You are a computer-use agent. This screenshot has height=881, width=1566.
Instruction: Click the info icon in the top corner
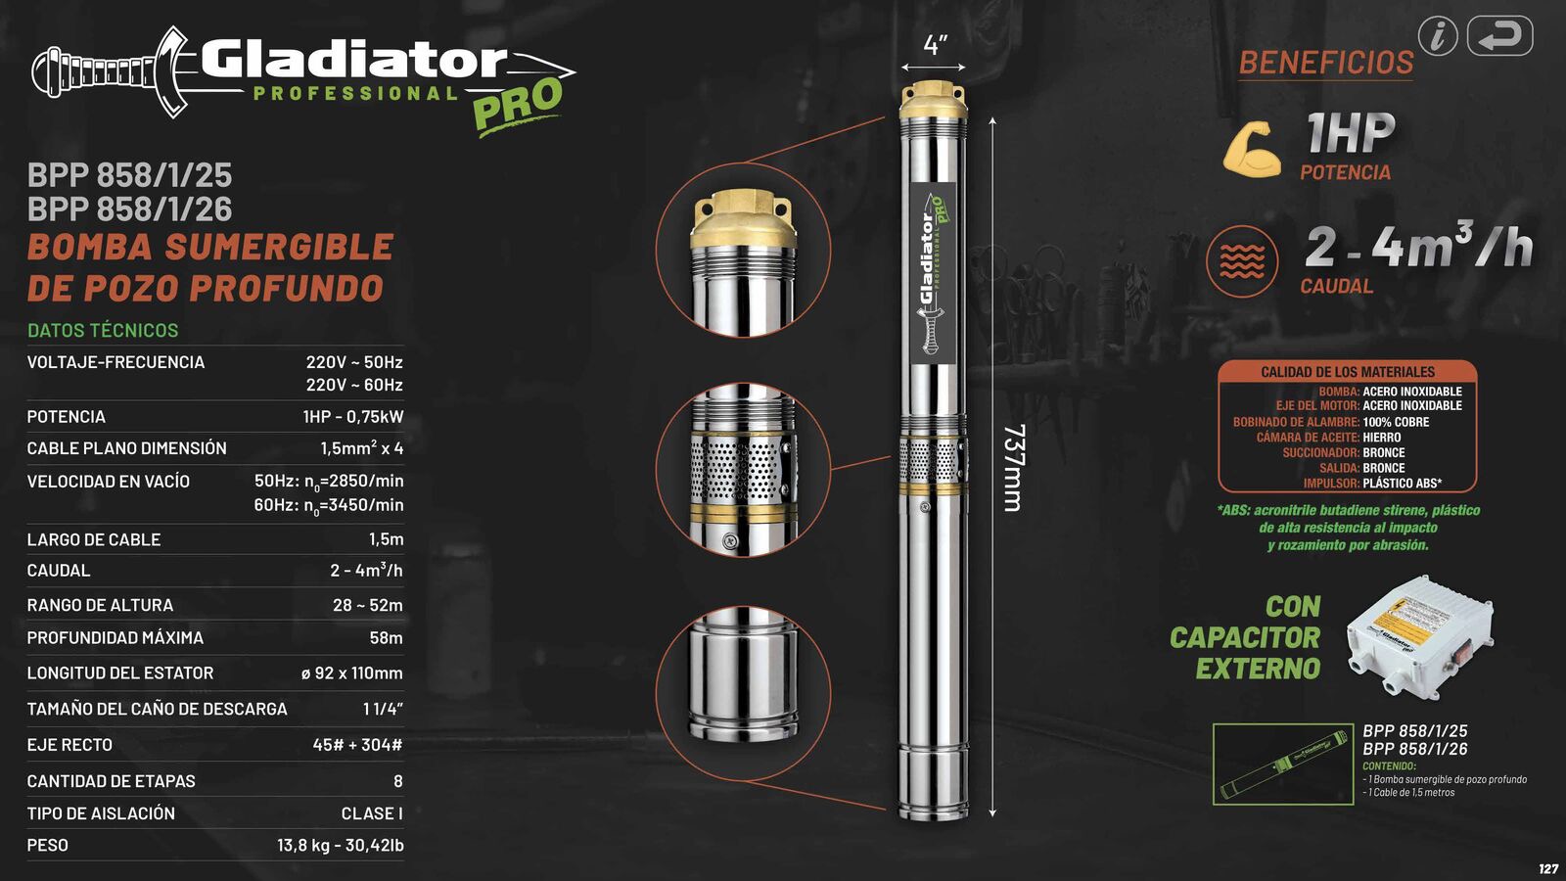1438,36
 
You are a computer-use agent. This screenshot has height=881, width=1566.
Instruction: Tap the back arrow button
1499,36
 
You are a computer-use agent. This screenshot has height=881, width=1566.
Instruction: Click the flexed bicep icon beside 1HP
1252,150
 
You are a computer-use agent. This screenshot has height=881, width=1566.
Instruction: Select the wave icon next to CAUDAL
1242,261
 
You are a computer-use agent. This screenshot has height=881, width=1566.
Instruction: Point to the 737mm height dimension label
1014,467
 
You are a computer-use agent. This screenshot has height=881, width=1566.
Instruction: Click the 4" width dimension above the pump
935,45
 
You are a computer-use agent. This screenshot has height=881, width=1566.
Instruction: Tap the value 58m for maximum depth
386,638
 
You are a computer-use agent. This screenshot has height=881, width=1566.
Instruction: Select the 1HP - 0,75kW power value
352,417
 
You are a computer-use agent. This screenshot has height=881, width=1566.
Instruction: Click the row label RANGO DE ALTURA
100,606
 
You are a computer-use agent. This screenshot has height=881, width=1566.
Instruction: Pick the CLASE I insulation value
371,813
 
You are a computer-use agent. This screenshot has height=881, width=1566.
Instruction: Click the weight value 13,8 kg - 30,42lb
340,846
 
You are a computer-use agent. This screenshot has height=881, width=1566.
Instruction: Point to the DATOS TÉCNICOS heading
103,331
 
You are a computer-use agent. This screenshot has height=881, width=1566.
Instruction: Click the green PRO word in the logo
518,104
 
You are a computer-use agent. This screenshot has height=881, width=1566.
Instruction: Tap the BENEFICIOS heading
1326,63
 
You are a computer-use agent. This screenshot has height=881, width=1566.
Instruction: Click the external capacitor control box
1421,635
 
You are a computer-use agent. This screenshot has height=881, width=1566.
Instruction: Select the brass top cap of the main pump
934,99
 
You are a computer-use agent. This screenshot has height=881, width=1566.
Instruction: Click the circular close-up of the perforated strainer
743,470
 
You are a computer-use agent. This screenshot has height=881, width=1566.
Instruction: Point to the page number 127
1548,869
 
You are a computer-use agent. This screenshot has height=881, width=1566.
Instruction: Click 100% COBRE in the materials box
1396,422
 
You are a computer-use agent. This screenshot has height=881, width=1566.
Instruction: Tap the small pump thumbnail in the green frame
1283,765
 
